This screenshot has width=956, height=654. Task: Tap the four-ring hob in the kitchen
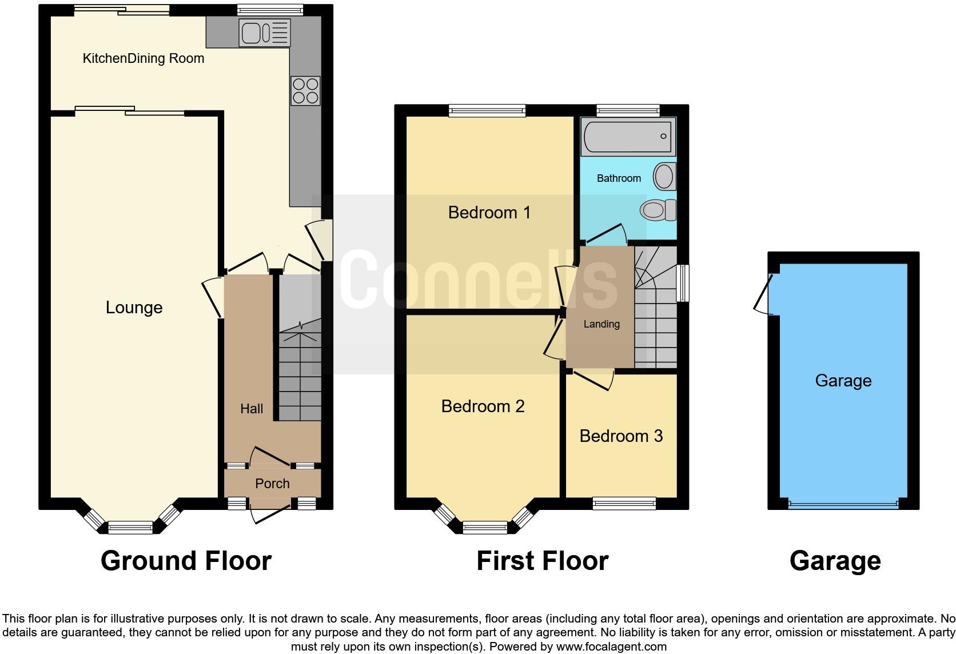(305, 91)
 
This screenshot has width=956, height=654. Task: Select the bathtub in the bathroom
(628, 137)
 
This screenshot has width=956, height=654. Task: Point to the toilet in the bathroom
(658, 210)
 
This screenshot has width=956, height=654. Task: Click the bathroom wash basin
(664, 176)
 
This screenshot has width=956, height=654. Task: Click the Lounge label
(134, 308)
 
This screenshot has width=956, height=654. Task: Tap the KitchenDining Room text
(143, 58)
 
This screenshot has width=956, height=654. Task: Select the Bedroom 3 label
(620, 436)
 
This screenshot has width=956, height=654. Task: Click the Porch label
(272, 484)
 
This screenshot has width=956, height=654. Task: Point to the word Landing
(601, 324)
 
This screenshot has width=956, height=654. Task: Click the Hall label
(252, 409)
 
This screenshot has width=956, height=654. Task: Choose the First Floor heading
(542, 561)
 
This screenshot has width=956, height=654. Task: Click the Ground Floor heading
(186, 561)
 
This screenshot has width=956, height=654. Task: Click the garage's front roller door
(843, 505)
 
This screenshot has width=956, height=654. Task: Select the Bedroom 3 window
(624, 503)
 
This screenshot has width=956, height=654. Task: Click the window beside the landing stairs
(682, 282)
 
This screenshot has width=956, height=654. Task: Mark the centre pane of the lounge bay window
(130, 528)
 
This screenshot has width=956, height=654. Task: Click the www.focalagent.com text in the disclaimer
(611, 647)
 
